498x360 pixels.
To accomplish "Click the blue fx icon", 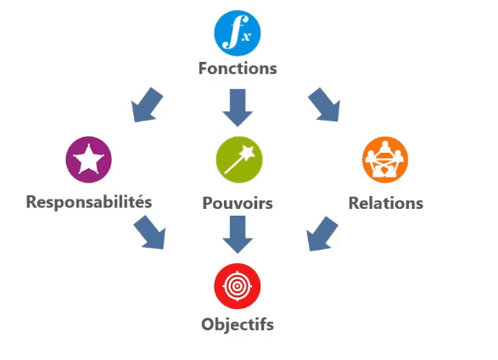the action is tap(238, 33).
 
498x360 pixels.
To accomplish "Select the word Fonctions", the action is tap(238, 68).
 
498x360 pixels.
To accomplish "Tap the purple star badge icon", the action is tap(88, 160).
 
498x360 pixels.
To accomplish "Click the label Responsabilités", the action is tap(89, 202).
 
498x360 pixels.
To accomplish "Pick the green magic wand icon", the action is tap(239, 160).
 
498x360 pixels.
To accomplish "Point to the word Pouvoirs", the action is tap(238, 203).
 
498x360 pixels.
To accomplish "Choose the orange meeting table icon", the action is tap(385, 160).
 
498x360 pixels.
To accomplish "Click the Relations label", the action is tap(386, 203).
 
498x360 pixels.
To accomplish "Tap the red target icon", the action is tap(238, 286).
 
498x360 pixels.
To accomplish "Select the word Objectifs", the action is tap(238, 324).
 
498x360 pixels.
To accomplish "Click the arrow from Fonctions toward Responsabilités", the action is tap(146, 105).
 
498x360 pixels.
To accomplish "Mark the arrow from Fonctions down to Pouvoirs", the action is tap(238, 107).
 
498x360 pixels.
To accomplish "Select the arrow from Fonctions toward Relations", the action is tap(325, 104).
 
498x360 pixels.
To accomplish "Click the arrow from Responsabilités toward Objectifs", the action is tap(150, 233).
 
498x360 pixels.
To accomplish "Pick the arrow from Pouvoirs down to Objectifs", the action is tap(238, 234).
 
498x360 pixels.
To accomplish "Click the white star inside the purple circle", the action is tap(88, 159).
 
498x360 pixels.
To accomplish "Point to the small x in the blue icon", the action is tap(246, 37).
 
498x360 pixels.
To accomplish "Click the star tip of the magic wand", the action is tap(248, 152).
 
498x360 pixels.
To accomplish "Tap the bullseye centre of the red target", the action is tap(238, 286).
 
